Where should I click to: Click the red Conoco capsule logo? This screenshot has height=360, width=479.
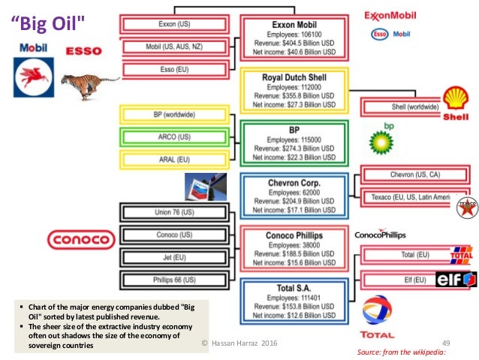tap(80, 240)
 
